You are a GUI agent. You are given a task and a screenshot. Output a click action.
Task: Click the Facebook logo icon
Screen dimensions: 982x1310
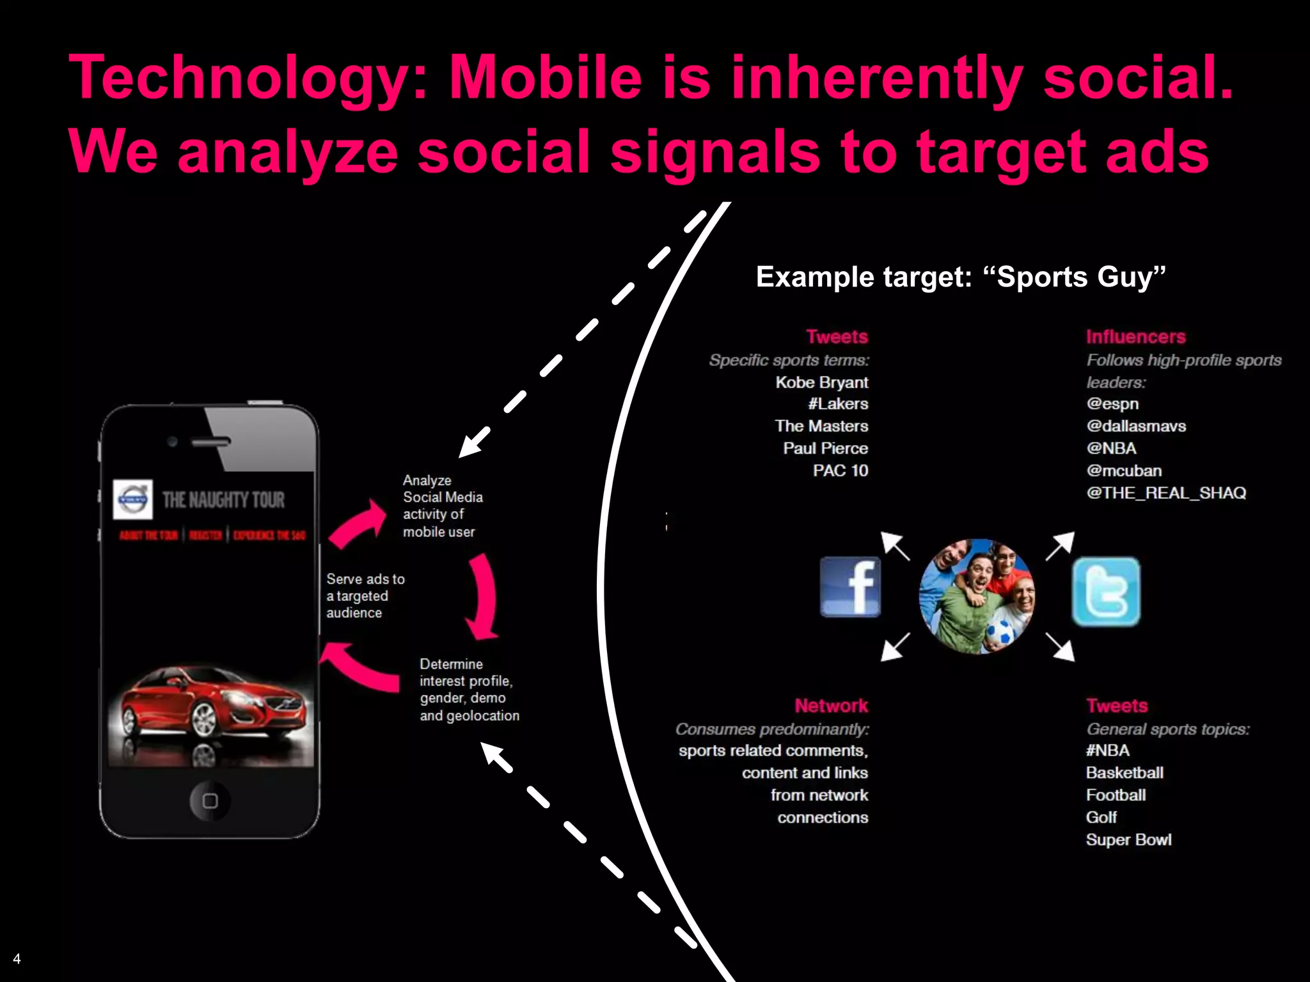point(850,586)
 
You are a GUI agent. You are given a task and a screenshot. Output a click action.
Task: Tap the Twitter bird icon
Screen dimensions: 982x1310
point(1106,591)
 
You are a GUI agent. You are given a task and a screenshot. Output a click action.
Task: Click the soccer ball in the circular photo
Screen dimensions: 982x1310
point(1002,632)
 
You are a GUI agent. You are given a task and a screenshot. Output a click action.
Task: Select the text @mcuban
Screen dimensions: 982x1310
point(1124,471)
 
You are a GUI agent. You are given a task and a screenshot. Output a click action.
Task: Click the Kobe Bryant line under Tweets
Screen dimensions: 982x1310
point(821,382)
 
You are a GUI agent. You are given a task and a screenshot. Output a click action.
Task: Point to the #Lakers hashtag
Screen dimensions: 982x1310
point(838,404)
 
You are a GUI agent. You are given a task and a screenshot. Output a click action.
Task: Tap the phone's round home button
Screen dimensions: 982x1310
point(210,800)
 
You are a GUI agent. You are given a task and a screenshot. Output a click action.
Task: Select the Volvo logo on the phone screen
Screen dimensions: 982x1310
point(133,499)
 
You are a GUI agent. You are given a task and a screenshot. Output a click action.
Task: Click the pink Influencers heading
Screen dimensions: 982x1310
point(1135,337)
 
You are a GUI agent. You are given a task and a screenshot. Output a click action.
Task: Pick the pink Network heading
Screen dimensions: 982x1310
point(831,706)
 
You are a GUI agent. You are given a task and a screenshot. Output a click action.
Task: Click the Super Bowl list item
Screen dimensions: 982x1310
point(1128,839)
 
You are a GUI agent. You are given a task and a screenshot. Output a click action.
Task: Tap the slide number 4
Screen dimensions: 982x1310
point(17,958)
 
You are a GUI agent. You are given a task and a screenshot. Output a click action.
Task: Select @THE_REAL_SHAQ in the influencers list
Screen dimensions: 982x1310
point(1165,493)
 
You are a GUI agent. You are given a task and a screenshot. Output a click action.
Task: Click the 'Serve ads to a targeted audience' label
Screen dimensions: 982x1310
point(365,596)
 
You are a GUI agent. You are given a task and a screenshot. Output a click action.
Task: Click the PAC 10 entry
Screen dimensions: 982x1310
point(840,471)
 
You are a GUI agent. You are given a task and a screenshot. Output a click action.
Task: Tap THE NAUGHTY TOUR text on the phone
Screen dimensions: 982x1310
point(223,499)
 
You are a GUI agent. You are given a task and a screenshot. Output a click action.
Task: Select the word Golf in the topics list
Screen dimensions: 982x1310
point(1101,817)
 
